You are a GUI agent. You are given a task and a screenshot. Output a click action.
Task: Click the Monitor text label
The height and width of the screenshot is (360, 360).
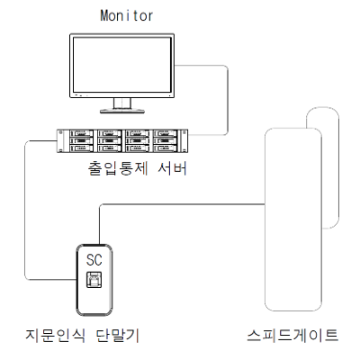pos(126,15)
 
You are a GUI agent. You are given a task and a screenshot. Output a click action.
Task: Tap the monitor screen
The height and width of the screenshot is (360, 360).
pos(122,65)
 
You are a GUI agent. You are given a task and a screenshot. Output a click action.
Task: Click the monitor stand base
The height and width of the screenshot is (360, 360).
pos(122,111)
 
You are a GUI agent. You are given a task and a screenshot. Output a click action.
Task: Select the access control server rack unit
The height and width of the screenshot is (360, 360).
pos(122,141)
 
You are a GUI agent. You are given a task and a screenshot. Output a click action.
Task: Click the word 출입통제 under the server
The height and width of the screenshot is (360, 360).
pos(118,168)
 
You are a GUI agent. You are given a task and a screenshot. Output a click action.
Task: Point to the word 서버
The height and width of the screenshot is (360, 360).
pos(173,168)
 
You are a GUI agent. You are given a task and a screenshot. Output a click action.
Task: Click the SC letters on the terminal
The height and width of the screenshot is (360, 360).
pos(94,260)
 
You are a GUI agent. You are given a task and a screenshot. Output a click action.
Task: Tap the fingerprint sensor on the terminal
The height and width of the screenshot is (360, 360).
pos(94,280)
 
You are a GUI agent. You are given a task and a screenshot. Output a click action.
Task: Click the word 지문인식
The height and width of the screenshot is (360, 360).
pos(55,335)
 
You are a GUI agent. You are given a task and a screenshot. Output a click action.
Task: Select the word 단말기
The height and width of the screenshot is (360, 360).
pos(118,335)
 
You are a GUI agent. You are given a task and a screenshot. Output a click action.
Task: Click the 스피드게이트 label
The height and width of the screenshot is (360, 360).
pos(292,335)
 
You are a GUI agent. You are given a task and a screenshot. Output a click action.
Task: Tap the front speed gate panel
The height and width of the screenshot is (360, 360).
pos(293,220)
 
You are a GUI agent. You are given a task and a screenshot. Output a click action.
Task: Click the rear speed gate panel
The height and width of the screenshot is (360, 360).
pos(330,168)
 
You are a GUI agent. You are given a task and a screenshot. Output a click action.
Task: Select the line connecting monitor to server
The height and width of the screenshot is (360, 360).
pos(228,100)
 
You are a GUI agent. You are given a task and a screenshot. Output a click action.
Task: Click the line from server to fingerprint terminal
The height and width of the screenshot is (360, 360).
pos(25,210)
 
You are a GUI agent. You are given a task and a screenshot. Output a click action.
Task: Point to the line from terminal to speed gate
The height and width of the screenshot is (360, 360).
pos(180,204)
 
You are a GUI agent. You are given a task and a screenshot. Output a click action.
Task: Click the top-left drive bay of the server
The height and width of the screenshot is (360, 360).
pos(81,133)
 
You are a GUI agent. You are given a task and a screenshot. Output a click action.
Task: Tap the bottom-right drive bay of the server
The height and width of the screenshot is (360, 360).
pos(165,148)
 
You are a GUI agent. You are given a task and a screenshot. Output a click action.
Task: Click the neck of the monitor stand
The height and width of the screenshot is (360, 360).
pos(122,103)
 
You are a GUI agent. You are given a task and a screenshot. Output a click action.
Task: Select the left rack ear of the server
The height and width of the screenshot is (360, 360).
pos(60,141)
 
